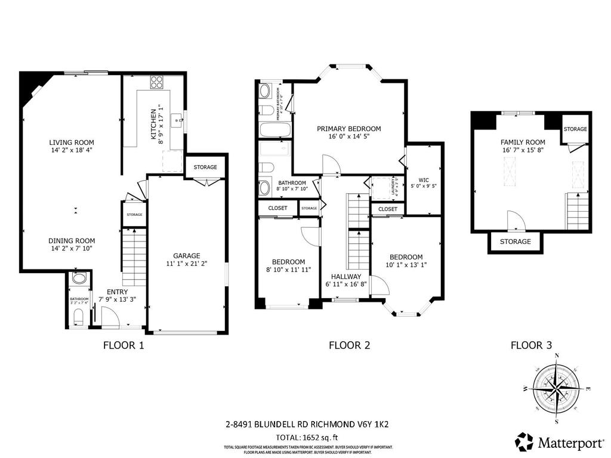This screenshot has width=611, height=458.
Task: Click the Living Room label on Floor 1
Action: (72, 143)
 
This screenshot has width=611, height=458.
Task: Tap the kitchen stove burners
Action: (157, 82)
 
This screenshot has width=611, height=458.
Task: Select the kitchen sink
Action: (178, 121)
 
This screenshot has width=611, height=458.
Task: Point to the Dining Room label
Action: (72, 240)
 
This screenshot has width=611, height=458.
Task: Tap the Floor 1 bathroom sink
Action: (79, 279)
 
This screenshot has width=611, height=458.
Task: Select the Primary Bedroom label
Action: (348, 129)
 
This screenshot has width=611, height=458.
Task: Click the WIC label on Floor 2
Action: (424, 179)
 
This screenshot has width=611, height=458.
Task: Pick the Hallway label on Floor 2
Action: (346, 277)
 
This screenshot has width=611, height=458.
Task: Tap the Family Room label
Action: (523, 142)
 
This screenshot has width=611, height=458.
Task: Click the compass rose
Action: (556, 389)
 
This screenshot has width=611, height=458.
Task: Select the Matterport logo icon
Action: (524, 442)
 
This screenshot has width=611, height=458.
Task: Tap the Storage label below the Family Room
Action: (515, 242)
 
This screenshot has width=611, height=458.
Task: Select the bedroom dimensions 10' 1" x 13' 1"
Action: (406, 265)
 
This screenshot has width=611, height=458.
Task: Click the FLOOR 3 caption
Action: (531, 345)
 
